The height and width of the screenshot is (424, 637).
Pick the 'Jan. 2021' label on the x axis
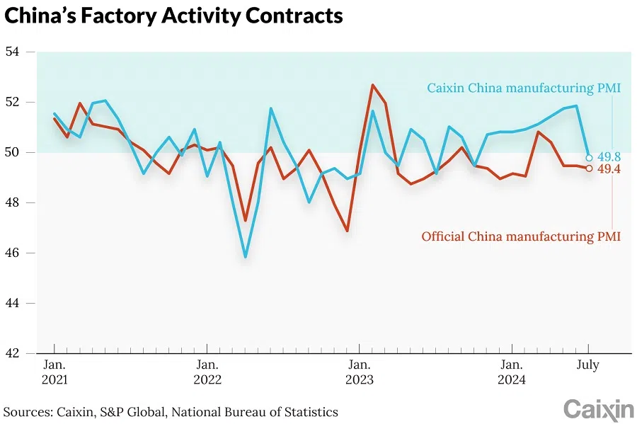pyautogui.click(x=54, y=372)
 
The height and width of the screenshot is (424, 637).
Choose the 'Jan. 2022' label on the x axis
pyautogui.click(x=207, y=372)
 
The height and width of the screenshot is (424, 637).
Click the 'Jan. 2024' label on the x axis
pyautogui.click(x=511, y=372)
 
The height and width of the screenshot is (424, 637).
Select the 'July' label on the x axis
pyautogui.click(x=588, y=365)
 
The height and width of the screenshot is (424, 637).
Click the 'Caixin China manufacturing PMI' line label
pyautogui.click(x=523, y=88)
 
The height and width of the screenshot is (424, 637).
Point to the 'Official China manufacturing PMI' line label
pyautogui.click(x=521, y=236)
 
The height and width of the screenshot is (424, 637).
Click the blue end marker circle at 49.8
pyautogui.click(x=589, y=158)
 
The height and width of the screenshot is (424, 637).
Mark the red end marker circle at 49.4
pyautogui.click(x=589, y=168)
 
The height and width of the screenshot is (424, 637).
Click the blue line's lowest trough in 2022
pyautogui.click(x=246, y=257)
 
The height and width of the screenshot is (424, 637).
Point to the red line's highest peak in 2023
pyautogui.click(x=372, y=85)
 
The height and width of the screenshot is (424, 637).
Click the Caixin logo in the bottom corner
pyautogui.click(x=598, y=409)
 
